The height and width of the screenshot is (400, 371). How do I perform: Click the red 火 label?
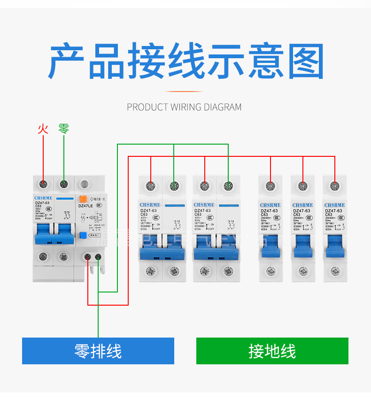point(43,129)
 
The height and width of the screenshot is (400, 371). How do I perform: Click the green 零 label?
point(64,129)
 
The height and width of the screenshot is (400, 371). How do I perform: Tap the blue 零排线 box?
point(98,351)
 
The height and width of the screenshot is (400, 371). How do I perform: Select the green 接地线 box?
point(272,351)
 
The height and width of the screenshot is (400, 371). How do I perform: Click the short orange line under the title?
point(185,92)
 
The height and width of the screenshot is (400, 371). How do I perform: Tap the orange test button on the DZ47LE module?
point(84,199)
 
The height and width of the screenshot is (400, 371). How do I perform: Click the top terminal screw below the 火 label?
point(43,184)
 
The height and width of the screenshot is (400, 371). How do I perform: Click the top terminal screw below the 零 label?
point(64,184)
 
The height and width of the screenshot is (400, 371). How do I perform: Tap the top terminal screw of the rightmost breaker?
point(335,185)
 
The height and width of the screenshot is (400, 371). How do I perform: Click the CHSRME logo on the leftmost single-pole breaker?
point(270,205)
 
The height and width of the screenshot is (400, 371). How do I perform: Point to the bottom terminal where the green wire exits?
point(98,256)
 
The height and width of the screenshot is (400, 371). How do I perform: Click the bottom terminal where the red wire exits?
point(88,256)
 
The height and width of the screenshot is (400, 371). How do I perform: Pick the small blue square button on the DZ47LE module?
point(84,235)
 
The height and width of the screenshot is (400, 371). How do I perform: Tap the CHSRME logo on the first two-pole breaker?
point(151,205)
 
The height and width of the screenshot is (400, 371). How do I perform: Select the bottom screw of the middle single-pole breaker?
point(303,271)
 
